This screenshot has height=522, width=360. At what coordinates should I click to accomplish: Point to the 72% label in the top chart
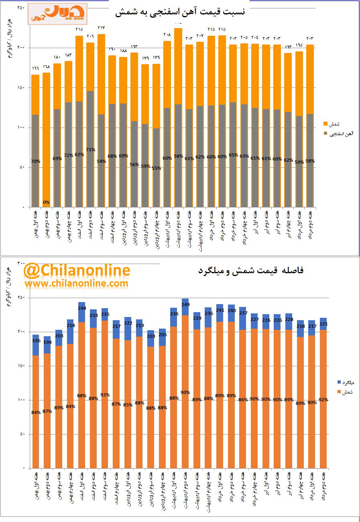(x=68, y=155)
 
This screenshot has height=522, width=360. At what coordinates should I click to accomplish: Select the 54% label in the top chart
(x=102, y=161)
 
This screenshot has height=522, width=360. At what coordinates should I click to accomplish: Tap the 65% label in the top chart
(x=233, y=154)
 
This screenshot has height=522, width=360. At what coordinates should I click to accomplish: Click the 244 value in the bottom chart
(x=82, y=308)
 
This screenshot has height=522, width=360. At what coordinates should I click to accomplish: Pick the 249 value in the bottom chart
(x=185, y=305)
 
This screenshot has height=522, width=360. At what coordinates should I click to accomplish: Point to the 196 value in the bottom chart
(x=36, y=341)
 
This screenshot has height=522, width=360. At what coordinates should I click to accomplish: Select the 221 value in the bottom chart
(x=323, y=323)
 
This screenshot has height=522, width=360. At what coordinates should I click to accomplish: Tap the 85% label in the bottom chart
(x=128, y=405)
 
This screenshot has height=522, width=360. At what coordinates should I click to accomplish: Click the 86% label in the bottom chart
(x=242, y=400)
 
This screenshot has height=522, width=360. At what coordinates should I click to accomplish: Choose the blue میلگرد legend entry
(x=344, y=382)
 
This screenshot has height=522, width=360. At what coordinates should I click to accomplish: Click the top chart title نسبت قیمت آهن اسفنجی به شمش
(x=179, y=13)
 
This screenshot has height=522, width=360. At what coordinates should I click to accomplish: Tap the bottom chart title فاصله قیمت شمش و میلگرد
(x=251, y=270)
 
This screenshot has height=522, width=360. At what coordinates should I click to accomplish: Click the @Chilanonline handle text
(x=77, y=270)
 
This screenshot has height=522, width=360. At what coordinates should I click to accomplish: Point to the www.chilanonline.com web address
(x=77, y=283)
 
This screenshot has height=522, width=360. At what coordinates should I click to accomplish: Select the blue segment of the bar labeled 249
(x=185, y=307)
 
